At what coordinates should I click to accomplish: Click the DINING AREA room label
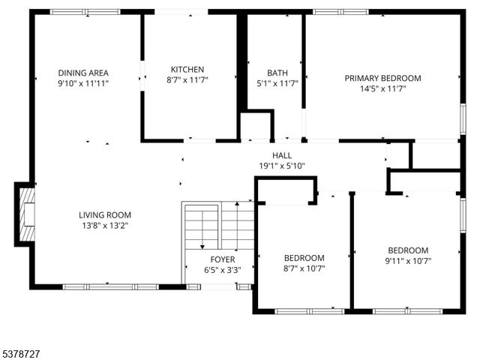[x=83, y=73]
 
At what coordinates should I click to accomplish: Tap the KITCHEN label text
[x=187, y=69]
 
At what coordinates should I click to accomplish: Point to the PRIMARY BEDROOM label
[x=382, y=78]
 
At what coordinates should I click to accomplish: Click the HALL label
[x=282, y=155]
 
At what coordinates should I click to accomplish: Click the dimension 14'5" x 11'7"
[x=382, y=88]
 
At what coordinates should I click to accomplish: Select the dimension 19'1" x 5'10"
[x=282, y=166]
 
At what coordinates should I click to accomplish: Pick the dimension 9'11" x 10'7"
[x=407, y=261]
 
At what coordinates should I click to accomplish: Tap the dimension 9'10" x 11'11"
[x=83, y=83]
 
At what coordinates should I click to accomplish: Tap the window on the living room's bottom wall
[x=110, y=286]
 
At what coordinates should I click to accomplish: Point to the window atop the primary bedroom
[x=340, y=12]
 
